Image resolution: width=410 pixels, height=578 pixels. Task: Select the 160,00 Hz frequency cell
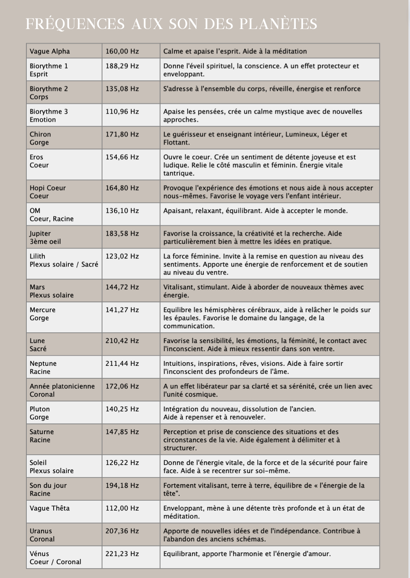[122, 51]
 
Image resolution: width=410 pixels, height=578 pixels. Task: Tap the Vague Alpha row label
[50, 51]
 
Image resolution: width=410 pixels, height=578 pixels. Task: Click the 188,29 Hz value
[122, 66]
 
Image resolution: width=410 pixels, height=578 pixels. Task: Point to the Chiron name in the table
[40, 134]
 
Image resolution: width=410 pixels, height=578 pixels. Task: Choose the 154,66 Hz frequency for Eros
[122, 157]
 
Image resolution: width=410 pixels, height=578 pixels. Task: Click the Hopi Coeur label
[48, 188]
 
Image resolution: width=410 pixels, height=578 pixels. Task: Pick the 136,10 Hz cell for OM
[122, 211]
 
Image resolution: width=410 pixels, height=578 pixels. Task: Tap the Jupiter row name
[40, 233]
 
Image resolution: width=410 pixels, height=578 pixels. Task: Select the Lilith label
[37, 256]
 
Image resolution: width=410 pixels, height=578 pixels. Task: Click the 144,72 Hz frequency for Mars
[122, 287]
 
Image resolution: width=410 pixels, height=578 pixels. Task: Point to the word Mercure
[43, 310]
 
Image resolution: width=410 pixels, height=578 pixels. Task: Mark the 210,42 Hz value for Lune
[122, 341]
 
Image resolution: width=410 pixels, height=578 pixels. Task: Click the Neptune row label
[43, 364]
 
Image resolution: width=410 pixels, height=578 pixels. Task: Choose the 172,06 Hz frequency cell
[122, 386]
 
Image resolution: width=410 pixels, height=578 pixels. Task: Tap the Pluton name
[40, 409]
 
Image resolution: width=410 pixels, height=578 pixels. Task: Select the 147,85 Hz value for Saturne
[122, 432]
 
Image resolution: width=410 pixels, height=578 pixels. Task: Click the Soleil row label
[38, 463]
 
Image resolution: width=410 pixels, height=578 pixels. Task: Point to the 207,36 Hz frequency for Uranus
[122, 531]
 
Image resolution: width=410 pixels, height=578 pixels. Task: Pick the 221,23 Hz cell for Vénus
[122, 554]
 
